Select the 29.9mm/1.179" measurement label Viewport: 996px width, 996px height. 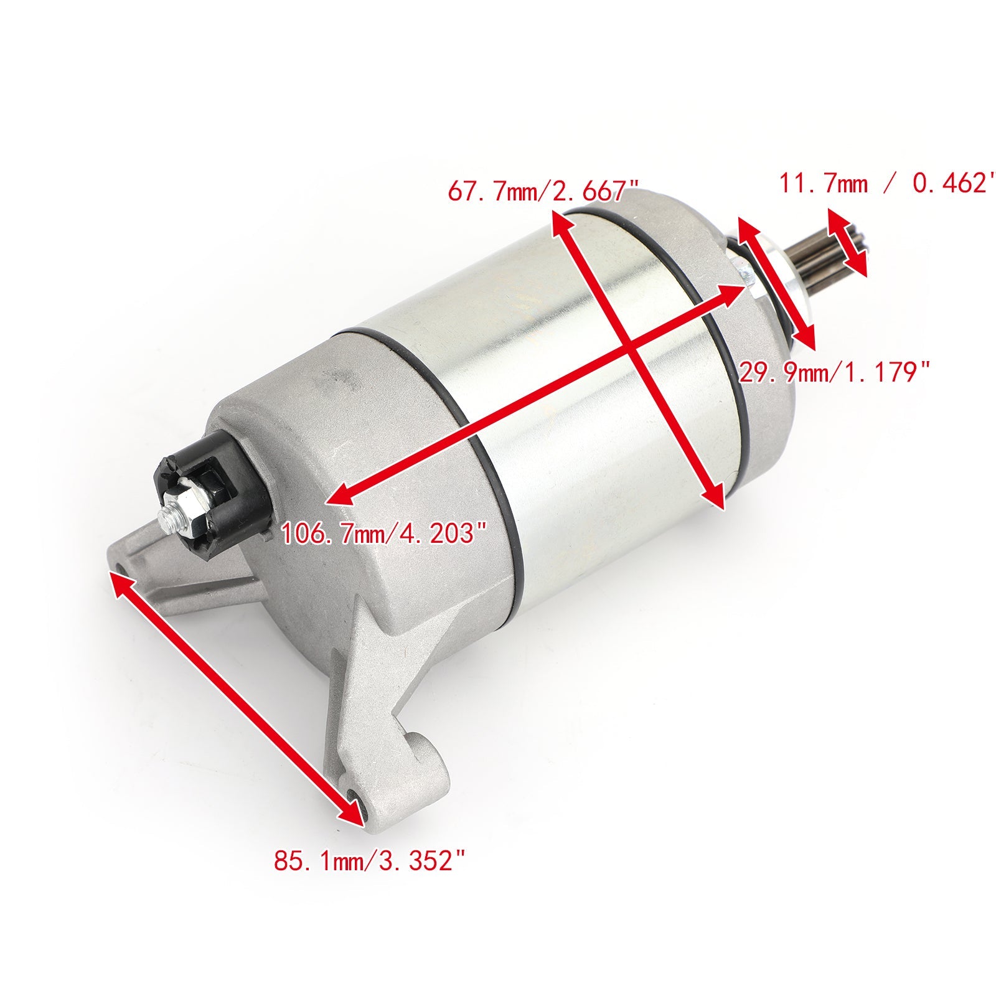point(834,373)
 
